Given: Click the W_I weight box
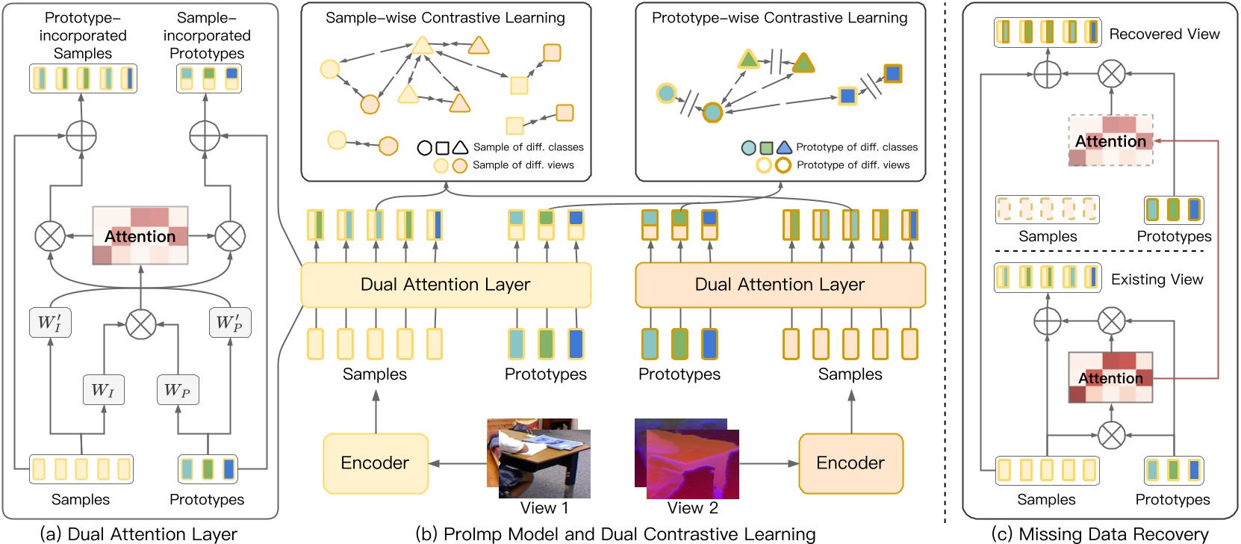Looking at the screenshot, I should click(103, 389).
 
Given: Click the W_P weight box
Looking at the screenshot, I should click(178, 389).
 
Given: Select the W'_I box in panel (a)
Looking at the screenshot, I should click(50, 322).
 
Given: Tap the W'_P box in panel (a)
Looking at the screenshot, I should click(229, 322).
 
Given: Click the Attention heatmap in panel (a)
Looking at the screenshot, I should click(140, 236).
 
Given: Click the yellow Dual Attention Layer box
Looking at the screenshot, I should click(446, 285).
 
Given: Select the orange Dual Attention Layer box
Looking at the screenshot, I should click(780, 285).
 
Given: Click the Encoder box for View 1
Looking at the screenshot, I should click(376, 463).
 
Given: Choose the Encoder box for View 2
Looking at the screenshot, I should click(850, 463).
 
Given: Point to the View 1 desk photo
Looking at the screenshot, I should click(539, 459).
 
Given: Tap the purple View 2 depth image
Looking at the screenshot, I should click(687, 459).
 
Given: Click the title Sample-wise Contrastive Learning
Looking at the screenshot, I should click(446, 17).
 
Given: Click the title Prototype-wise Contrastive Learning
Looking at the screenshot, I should click(780, 17).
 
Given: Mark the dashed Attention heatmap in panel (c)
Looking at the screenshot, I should click(1111, 140).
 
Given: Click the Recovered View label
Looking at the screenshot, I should click(1164, 34).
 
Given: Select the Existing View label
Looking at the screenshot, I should click(1157, 279).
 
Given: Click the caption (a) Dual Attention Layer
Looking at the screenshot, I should click(139, 534).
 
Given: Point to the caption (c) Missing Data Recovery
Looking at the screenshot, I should click(1100, 534).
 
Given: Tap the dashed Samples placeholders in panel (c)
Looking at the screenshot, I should click(1047, 209).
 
